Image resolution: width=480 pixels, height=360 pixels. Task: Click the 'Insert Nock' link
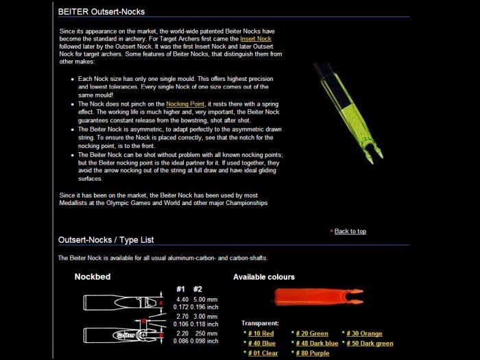click(x=256, y=40)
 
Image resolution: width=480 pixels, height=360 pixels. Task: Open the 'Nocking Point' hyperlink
click(x=186, y=104)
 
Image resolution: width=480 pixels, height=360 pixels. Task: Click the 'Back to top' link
click(x=350, y=231)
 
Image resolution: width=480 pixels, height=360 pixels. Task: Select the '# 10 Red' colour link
click(x=261, y=333)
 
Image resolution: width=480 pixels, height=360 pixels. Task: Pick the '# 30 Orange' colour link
click(x=364, y=333)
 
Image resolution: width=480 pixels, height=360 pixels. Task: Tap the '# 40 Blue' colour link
click(x=261, y=343)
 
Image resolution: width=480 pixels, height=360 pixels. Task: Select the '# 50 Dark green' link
click(x=370, y=343)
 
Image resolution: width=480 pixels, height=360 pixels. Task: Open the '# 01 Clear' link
click(x=263, y=353)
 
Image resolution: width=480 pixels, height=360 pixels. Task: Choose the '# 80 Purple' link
click(x=313, y=353)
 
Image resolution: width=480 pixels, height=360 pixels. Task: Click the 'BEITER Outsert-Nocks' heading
click(x=101, y=12)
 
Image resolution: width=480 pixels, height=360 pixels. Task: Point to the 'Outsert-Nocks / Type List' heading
click(x=106, y=240)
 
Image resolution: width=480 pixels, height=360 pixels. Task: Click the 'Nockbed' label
click(x=93, y=277)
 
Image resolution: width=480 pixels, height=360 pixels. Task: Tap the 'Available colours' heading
click(x=264, y=277)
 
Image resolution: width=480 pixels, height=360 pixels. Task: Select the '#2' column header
click(x=198, y=289)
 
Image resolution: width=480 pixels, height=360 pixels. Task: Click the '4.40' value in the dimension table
click(x=182, y=299)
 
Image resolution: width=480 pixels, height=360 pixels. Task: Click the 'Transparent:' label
click(x=260, y=323)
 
